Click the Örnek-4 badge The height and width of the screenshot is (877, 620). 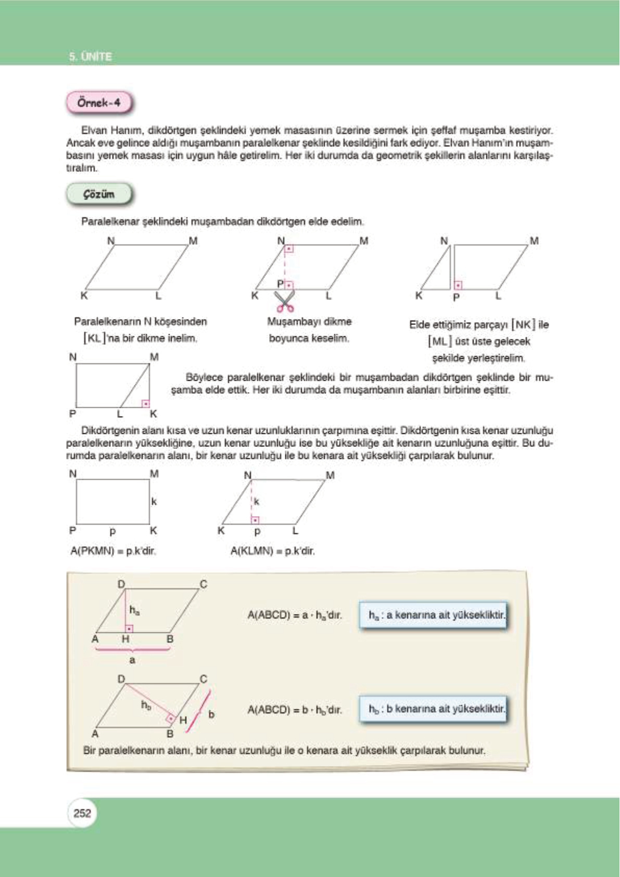(x=99, y=103)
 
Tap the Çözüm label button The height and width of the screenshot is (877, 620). (x=99, y=194)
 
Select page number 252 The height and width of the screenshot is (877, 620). (x=82, y=813)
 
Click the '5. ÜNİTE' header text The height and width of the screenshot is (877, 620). (x=91, y=56)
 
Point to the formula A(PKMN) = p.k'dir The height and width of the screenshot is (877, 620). (x=113, y=550)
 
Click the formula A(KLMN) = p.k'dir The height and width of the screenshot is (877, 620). (x=272, y=550)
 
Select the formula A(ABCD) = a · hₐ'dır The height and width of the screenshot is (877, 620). (x=295, y=615)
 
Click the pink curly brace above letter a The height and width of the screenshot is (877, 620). (x=132, y=649)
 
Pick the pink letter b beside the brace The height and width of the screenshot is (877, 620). (x=211, y=715)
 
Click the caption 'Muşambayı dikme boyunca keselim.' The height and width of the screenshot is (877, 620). (x=309, y=330)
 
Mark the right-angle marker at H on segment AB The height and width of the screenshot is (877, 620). (x=129, y=629)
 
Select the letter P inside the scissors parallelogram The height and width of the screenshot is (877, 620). (x=281, y=284)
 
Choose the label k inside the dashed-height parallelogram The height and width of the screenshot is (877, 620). (x=257, y=502)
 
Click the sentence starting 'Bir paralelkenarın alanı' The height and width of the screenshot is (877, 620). (x=284, y=750)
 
